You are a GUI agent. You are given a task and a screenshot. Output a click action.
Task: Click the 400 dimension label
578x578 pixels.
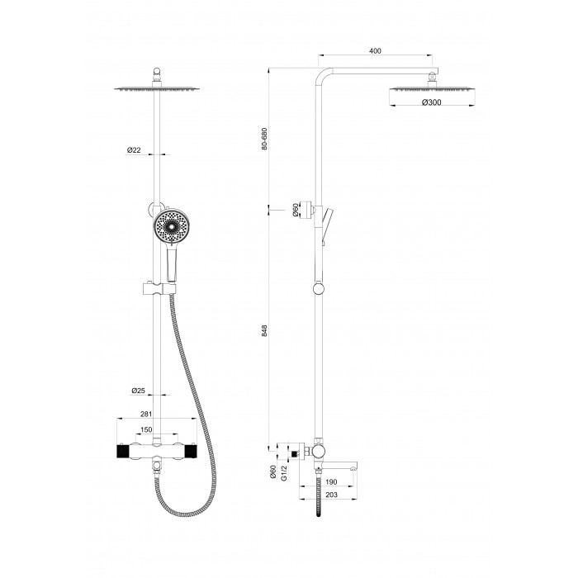point(375,51)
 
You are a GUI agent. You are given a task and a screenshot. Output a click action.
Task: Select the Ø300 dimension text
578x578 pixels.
point(432,102)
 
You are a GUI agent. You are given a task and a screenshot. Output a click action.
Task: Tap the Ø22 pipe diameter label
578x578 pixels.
point(134,150)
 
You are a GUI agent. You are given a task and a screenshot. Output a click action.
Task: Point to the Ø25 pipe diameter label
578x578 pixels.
point(138,391)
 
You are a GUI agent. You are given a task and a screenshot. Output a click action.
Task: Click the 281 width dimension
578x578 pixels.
point(146,414)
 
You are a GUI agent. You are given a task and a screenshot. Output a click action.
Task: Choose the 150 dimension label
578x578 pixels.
point(146,430)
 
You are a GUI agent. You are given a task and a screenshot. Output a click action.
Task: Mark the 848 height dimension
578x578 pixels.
point(264,330)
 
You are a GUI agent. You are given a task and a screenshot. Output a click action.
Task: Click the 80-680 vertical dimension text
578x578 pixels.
point(264,139)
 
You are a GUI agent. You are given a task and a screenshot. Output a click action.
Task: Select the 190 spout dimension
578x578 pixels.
point(331,481)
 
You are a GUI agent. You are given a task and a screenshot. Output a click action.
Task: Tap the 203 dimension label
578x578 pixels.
point(331,495)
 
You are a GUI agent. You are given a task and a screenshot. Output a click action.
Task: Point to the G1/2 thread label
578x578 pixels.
point(284,472)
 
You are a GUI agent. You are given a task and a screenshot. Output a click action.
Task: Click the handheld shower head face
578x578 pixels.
point(171,226)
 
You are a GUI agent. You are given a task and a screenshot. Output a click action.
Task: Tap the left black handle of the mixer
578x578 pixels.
point(122,452)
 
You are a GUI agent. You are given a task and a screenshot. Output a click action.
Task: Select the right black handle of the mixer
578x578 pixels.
point(191,452)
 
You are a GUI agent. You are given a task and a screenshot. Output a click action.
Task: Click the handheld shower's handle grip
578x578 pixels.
point(172,265)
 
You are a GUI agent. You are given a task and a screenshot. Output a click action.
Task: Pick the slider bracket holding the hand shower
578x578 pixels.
point(159,289)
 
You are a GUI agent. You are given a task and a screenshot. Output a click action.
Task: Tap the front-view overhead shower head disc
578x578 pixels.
point(157,88)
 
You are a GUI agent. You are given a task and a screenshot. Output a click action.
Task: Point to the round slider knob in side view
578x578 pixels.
point(319,288)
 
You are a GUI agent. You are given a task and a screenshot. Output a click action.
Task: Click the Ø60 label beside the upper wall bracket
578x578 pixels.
point(295,210)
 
